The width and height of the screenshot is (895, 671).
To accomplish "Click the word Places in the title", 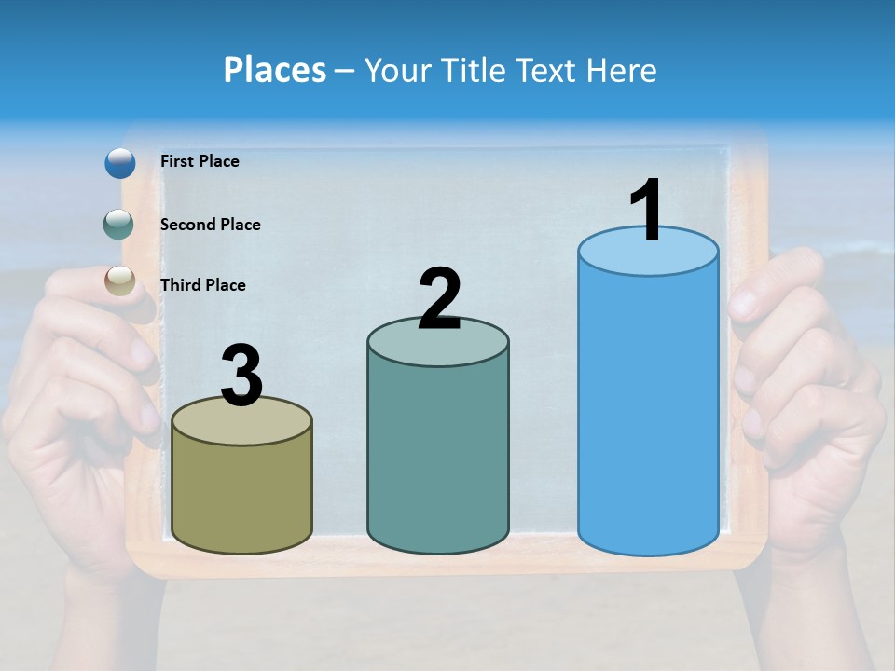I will coord(275,70).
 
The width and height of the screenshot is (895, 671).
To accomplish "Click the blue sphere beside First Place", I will coord(120,163).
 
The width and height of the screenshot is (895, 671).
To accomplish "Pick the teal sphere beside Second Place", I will coord(120,224).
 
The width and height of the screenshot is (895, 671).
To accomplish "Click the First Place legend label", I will coord(200,161).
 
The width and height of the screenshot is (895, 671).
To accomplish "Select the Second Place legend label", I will coord(210,225).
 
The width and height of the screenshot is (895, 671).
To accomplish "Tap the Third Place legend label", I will coord(202,285).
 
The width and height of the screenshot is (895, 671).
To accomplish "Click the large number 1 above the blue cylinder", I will coord(647,211).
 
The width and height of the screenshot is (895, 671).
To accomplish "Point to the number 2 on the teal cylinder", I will coord(439,300).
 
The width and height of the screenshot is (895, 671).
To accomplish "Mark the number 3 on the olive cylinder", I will coord(242,376).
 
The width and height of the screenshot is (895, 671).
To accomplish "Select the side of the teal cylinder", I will coord(438,457).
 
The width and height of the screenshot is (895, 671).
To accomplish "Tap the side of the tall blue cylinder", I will coord(648,410).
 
